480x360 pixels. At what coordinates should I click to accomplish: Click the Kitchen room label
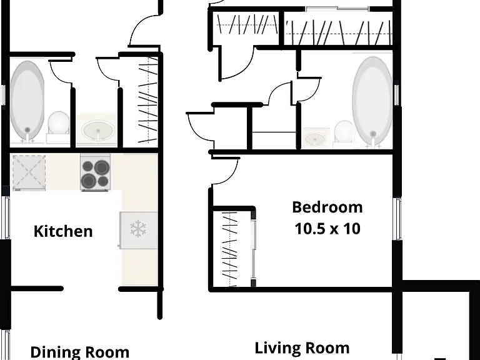point(63,231)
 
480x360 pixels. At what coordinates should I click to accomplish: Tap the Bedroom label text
point(327,207)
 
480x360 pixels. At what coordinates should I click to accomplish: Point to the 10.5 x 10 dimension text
point(327,229)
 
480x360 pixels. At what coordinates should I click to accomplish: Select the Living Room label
point(302,348)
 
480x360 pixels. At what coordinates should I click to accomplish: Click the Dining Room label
point(79,352)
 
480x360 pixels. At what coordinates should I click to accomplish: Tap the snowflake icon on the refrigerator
point(138,228)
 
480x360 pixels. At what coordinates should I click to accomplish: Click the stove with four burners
point(96,172)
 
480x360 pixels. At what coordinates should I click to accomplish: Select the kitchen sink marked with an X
point(29,172)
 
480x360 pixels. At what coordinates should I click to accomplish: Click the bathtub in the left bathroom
point(27,101)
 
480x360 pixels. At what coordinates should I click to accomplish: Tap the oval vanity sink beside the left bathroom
point(98,130)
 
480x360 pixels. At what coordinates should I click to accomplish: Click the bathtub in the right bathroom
point(372,102)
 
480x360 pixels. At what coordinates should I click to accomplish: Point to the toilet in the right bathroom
point(344,133)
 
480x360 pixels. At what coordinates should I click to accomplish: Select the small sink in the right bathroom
point(316,138)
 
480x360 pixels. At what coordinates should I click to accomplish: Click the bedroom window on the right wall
point(397,219)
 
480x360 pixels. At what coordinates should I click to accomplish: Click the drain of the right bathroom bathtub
point(373,134)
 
